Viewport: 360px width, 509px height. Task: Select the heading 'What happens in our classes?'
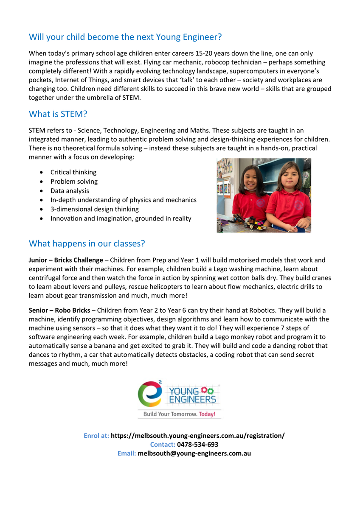87,244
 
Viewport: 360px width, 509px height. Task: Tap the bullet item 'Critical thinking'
73,172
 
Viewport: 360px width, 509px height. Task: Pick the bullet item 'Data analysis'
70,191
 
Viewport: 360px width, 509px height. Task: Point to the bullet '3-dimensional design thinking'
94,209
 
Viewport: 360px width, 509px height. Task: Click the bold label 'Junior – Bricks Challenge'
66,260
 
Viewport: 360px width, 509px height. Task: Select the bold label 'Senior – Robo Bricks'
59,310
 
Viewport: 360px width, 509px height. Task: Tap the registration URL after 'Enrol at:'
198,436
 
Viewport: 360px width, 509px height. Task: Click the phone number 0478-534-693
197,445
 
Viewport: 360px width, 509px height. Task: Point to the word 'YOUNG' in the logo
184,391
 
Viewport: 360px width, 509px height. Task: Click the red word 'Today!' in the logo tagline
207,414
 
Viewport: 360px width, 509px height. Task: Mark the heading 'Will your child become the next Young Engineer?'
125,37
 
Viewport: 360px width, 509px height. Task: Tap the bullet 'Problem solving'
74,182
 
